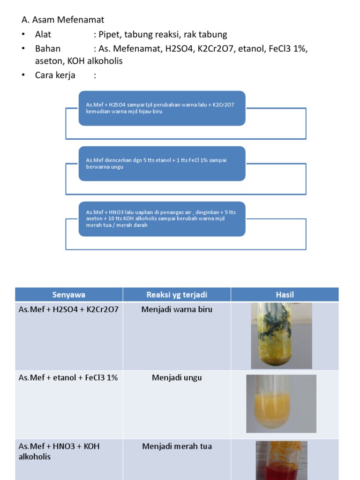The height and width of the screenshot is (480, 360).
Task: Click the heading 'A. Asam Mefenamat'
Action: [x=63, y=20]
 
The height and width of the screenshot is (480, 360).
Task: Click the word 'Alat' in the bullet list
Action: [x=43, y=35]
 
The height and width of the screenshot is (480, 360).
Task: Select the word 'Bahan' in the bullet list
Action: [x=47, y=49]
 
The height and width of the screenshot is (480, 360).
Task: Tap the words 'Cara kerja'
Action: [x=55, y=75]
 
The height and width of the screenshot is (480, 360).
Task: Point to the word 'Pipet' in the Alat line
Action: [x=109, y=35]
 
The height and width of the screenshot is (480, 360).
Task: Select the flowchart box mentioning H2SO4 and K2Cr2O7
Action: [x=162, y=108]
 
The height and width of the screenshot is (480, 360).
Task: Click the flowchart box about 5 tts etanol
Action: [x=162, y=164]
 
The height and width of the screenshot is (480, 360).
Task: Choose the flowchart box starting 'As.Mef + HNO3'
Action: [x=162, y=219]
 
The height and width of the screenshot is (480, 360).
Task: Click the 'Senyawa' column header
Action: [x=69, y=295]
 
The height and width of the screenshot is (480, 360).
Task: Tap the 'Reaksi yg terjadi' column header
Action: [x=177, y=295]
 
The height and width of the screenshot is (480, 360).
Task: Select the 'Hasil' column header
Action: [x=284, y=295]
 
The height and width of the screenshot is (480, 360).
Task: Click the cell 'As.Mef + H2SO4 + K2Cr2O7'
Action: [x=69, y=310]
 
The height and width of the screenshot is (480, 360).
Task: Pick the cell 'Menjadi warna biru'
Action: [x=177, y=310]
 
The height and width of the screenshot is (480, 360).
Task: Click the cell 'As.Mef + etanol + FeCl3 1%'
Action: [x=68, y=378]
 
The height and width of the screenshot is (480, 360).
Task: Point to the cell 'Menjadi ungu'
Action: [x=177, y=378]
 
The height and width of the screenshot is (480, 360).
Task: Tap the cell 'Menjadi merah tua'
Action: [x=177, y=446]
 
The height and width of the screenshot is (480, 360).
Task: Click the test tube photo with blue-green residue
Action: [x=281, y=336]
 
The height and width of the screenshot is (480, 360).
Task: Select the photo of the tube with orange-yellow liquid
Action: [x=281, y=404]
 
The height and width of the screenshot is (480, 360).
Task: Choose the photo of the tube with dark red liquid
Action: [x=281, y=460]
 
